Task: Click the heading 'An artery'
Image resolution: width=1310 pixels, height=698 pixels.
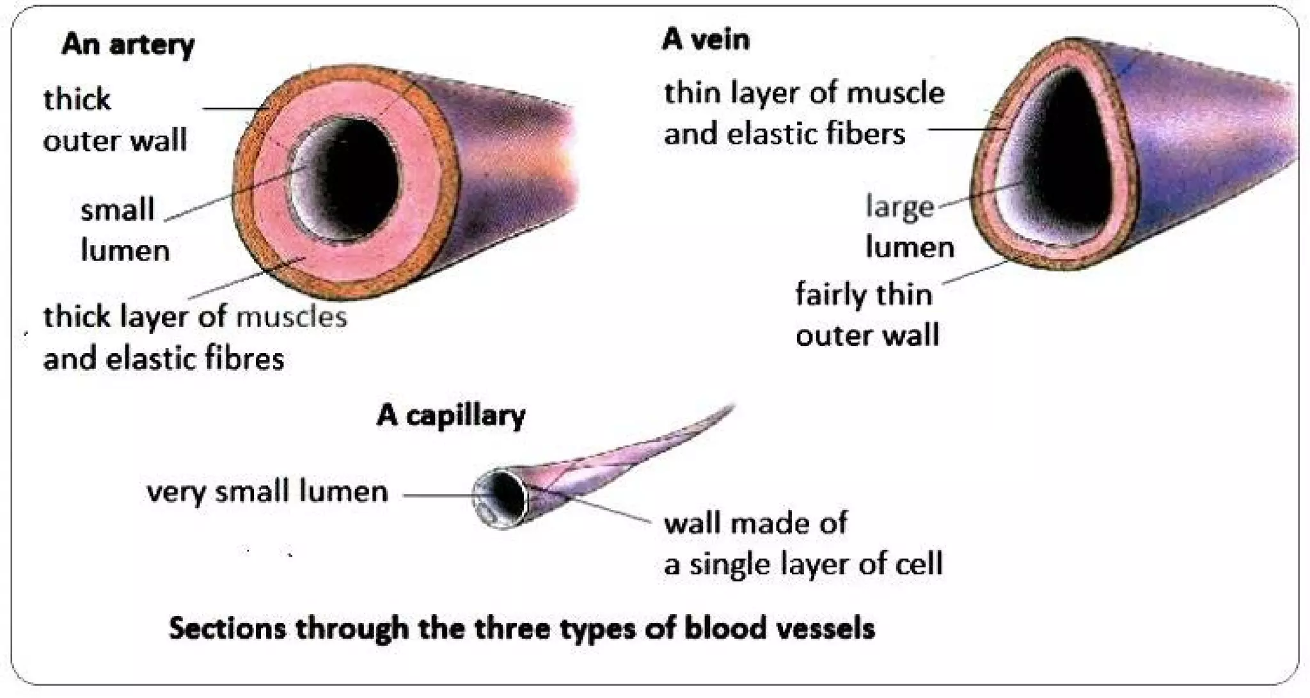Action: [x=127, y=45]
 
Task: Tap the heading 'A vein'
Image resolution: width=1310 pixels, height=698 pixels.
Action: [x=705, y=40]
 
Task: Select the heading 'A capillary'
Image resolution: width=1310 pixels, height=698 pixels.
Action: [x=450, y=416]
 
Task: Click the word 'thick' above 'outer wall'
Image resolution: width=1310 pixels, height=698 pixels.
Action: [x=77, y=100]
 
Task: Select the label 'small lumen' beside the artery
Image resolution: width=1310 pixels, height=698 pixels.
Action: [x=122, y=229]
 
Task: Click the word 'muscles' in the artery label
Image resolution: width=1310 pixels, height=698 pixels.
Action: [x=291, y=317]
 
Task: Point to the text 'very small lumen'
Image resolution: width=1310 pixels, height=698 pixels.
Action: [x=267, y=492]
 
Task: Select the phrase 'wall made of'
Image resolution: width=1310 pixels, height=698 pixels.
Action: [x=755, y=523]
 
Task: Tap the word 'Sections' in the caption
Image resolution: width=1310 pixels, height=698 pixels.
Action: [x=226, y=628]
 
